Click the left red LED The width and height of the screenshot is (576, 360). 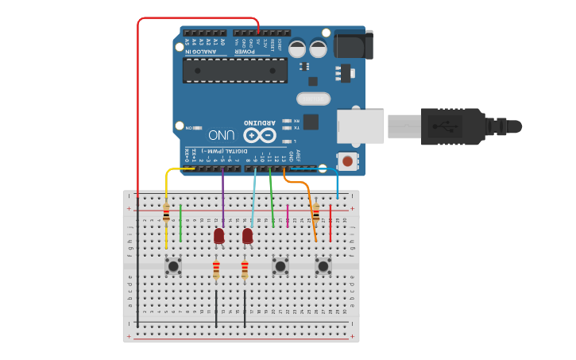[x=219, y=236]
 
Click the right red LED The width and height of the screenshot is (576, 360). [x=248, y=236]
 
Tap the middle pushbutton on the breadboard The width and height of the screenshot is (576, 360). [x=280, y=265]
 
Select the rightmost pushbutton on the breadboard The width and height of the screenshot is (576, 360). [x=323, y=265]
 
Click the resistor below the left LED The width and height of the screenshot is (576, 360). [x=216, y=270]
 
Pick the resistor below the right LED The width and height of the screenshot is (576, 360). [x=245, y=270]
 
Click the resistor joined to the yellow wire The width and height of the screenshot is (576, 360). [x=166, y=213]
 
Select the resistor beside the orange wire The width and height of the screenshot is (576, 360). [x=316, y=212]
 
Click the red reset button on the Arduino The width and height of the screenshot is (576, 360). [x=347, y=161]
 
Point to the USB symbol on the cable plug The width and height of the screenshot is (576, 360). [x=444, y=126]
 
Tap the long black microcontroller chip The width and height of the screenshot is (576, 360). [x=234, y=70]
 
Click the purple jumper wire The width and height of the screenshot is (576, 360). [x=222, y=199]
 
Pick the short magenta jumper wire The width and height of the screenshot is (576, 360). [x=288, y=215]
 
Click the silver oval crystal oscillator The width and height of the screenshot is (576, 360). [x=313, y=99]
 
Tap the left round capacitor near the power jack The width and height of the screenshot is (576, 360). [x=297, y=49]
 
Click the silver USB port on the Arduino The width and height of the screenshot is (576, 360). [x=360, y=126]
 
